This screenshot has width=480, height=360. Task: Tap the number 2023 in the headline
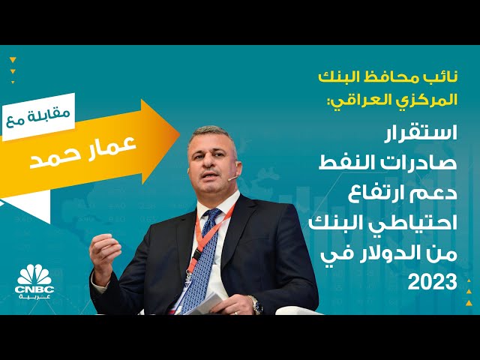(x=433, y=283)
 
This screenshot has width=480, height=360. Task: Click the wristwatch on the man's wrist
(x=255, y=304)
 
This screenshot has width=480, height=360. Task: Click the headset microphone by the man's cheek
(x=232, y=178)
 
